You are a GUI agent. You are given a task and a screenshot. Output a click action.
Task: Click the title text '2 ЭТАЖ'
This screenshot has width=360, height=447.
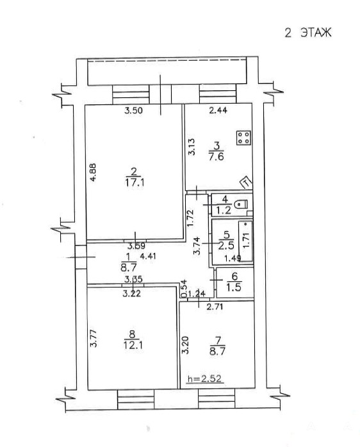[308, 33]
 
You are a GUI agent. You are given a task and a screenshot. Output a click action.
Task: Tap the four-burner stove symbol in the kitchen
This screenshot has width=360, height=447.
[243, 138]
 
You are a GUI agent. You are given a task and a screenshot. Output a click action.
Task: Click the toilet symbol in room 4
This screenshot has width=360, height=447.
[241, 204]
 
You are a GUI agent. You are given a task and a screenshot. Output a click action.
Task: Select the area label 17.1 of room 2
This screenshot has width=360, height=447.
[135, 183]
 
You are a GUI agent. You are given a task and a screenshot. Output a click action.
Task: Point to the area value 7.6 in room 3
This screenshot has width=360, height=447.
[217, 157]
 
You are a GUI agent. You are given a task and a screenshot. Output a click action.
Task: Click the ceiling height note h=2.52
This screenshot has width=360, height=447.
[204, 378]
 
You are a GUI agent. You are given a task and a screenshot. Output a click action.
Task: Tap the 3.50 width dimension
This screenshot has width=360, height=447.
[133, 110]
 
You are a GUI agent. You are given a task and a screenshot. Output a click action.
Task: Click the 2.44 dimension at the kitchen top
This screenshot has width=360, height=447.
[218, 110]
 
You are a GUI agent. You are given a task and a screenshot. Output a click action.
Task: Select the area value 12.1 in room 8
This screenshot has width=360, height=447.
[133, 346]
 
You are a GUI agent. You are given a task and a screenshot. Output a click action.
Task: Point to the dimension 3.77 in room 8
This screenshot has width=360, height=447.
[94, 338]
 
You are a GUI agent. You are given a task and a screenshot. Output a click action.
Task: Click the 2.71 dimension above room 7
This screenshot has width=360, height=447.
[215, 307]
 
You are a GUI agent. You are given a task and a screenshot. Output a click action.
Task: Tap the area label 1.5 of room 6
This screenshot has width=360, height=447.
[234, 287]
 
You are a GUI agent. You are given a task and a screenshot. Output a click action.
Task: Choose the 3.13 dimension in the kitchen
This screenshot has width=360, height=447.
[192, 147]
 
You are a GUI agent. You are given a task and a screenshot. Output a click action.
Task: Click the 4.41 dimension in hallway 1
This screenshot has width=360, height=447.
[148, 256]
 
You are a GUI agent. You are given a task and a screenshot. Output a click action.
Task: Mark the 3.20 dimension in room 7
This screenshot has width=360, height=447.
[185, 345]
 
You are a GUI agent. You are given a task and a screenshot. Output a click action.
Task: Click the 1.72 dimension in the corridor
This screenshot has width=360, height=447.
[190, 218]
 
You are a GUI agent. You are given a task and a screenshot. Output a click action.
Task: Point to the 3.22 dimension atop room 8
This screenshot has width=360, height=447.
[131, 293]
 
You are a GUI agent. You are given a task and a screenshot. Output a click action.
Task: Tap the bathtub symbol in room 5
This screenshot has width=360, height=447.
[246, 241]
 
